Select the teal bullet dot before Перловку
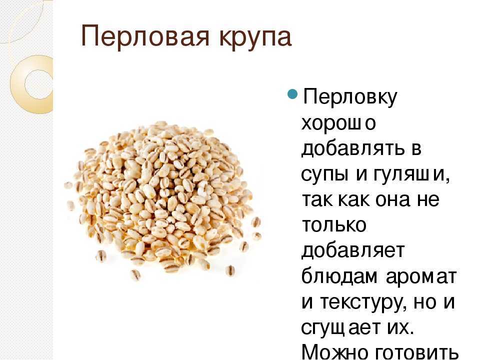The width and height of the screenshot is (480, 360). point(292,93)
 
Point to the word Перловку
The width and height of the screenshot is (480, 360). point(349,97)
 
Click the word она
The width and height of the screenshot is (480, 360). point(397,199)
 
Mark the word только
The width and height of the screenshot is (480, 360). point(334,225)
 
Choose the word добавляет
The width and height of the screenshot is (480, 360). point(353,251)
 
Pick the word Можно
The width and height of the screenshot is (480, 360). point(331,351)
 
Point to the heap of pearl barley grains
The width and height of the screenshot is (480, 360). point(162,199)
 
